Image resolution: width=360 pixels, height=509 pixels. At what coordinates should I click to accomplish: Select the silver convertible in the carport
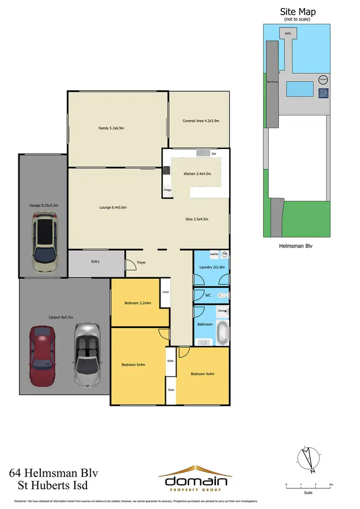(x=87, y=354)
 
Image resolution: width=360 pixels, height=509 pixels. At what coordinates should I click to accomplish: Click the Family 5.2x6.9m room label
(x=107, y=128)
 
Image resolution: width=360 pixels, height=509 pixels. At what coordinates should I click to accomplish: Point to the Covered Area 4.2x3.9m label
(x=201, y=121)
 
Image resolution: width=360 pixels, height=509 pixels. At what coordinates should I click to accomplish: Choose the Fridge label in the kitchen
(x=168, y=190)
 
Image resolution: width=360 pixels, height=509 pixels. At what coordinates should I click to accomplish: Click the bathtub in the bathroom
(x=222, y=332)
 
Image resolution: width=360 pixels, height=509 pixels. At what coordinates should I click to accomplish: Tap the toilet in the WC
(x=221, y=296)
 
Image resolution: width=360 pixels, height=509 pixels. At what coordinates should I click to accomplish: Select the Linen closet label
(x=166, y=292)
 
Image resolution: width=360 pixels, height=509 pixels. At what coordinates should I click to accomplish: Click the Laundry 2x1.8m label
(x=212, y=267)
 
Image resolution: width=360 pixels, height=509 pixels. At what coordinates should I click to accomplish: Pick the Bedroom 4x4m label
(x=203, y=374)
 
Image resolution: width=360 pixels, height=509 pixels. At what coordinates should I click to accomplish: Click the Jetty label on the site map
(x=288, y=34)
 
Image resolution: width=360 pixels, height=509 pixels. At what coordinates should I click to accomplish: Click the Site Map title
(x=298, y=12)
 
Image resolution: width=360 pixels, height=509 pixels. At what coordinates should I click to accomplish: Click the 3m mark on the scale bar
(x=331, y=485)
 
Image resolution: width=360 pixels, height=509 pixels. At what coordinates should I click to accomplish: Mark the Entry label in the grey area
(x=96, y=262)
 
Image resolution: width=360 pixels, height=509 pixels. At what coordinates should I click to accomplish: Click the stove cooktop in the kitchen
(x=167, y=170)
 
